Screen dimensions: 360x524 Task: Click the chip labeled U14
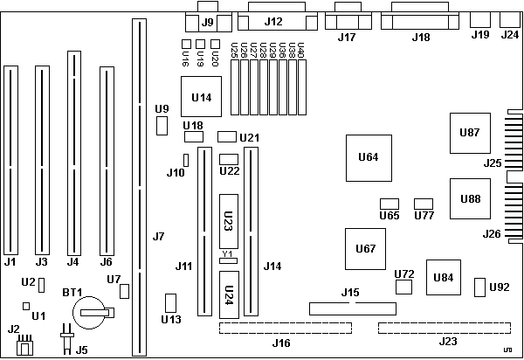(201, 97)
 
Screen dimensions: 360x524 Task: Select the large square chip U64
(368, 158)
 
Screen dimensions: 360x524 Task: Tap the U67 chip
(366, 249)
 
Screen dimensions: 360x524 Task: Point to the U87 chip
(469, 134)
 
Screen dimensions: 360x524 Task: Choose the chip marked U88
(469, 198)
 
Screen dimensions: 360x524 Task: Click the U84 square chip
(444, 277)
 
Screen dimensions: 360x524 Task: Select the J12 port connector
(273, 21)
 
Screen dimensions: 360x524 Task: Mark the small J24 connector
(509, 20)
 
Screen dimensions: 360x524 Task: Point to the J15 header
(350, 308)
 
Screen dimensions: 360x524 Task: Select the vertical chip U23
(228, 223)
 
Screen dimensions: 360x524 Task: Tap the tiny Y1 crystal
(228, 260)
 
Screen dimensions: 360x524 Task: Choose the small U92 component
(479, 287)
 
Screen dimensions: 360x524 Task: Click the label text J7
(158, 236)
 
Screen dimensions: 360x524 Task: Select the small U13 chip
(170, 303)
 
